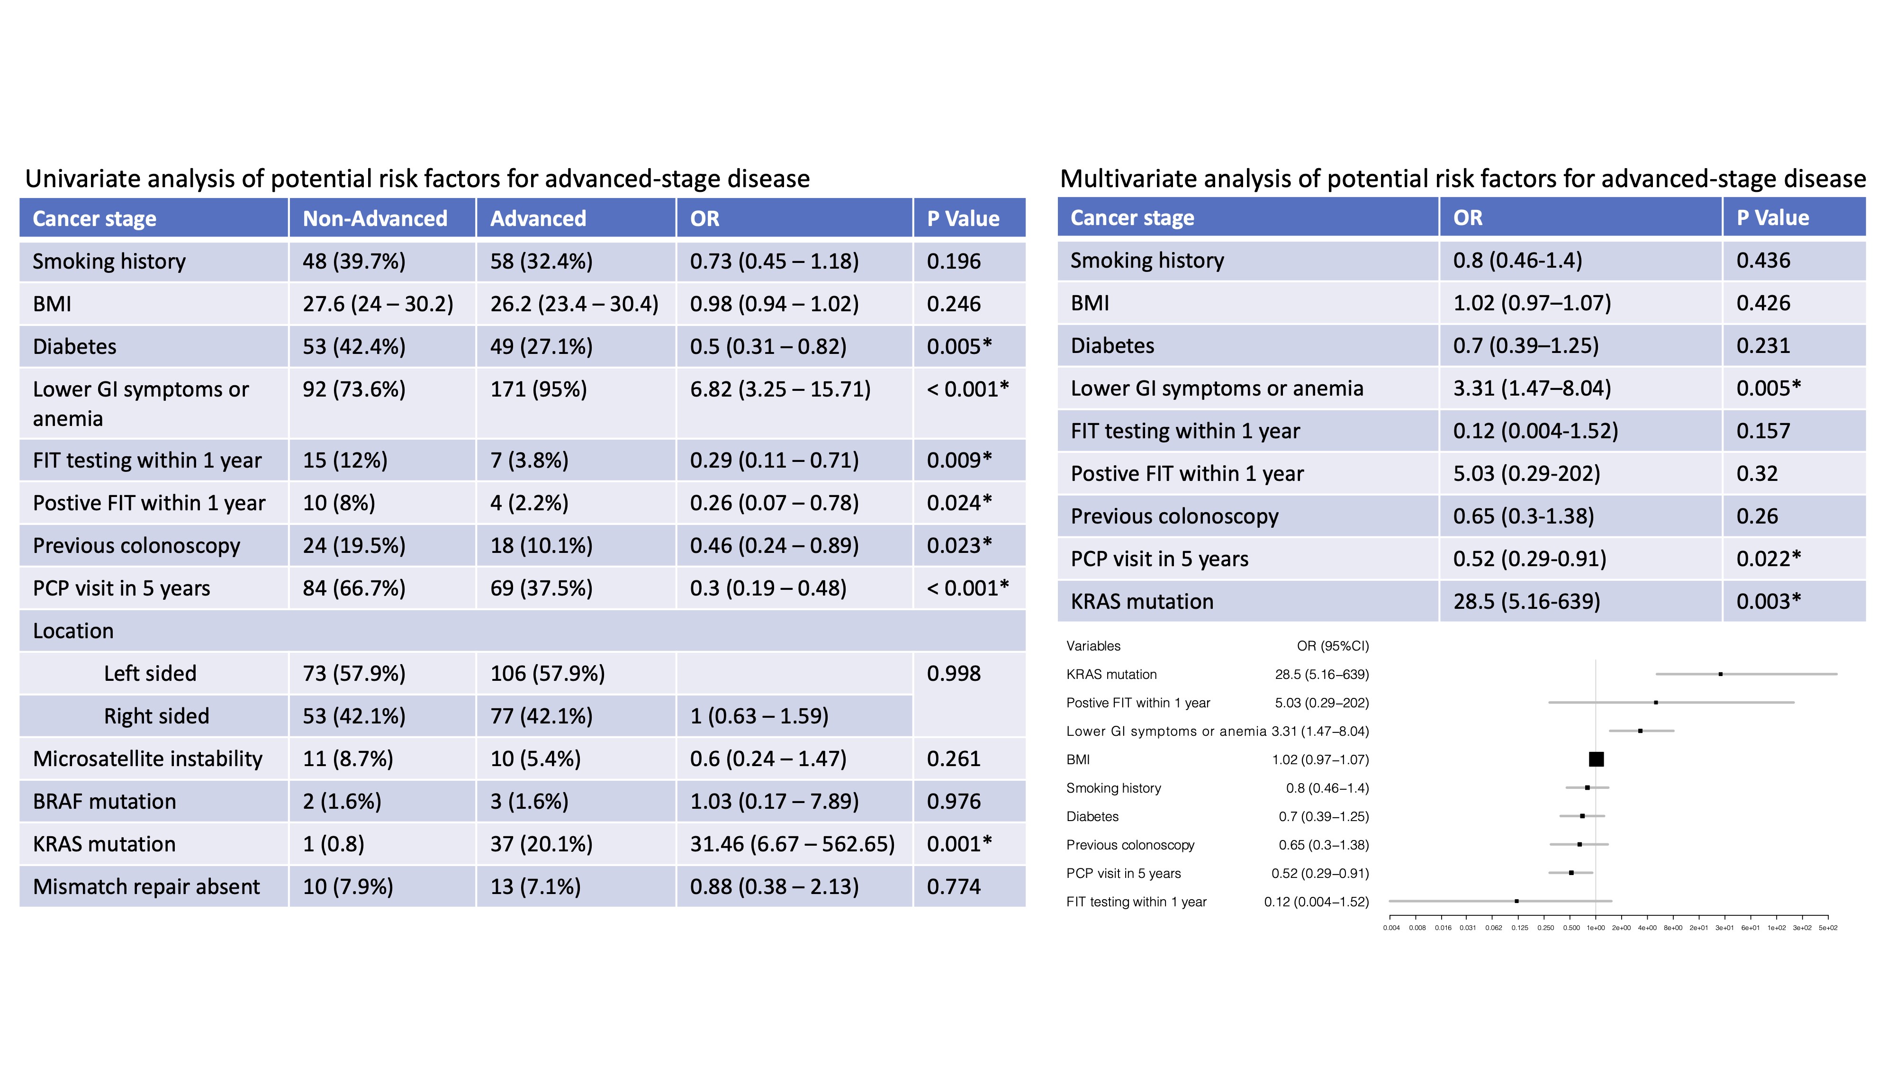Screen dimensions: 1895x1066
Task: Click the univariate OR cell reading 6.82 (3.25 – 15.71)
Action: click(780, 389)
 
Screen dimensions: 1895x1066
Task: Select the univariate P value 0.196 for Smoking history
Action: click(953, 261)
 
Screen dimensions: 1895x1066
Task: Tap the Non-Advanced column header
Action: click(375, 218)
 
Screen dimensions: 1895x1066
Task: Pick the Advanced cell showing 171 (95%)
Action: click(539, 389)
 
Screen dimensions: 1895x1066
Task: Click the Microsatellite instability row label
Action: click(147, 759)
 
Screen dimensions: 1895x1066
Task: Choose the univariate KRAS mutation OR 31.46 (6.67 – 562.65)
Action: click(792, 844)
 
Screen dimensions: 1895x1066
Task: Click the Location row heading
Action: click(73, 631)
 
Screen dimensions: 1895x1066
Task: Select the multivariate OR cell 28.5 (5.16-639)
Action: click(1526, 601)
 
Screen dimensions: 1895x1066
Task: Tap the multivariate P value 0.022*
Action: click(1769, 559)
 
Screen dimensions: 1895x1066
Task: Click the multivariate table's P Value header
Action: click(1772, 218)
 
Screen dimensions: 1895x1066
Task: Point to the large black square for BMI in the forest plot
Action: click(1596, 759)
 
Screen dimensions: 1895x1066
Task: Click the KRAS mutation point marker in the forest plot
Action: click(1720, 674)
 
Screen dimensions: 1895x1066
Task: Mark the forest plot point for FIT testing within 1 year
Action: click(1516, 901)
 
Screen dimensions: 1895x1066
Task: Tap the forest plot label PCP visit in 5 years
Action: click(1123, 873)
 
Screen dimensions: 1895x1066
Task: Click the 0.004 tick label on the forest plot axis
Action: click(1391, 928)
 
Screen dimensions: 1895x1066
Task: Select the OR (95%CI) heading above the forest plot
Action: click(1332, 646)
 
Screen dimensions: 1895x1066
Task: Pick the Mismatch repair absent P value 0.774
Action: click(953, 886)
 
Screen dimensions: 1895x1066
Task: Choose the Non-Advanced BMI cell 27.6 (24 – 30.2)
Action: click(378, 304)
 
